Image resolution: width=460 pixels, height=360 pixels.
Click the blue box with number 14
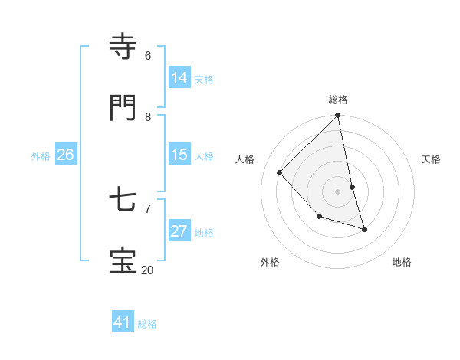pyautogui.click(x=179, y=78)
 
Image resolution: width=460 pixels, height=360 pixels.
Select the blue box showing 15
pyautogui.click(x=179, y=155)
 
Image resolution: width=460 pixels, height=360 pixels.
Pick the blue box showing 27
pyautogui.click(x=179, y=231)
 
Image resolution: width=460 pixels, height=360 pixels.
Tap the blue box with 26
pyautogui.click(x=65, y=155)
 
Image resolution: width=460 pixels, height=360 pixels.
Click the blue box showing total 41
pyautogui.click(x=123, y=322)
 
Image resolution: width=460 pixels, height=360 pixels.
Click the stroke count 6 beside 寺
pyautogui.click(x=148, y=55)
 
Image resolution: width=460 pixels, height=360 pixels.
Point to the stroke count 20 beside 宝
pyautogui.click(x=147, y=270)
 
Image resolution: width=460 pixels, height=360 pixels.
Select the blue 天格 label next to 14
pyautogui.click(x=204, y=80)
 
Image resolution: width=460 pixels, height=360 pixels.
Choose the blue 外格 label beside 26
pyautogui.click(x=41, y=156)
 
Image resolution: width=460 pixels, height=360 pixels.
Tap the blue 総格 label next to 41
pyautogui.click(x=147, y=324)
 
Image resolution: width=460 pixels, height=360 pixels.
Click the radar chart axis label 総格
pyautogui.click(x=338, y=100)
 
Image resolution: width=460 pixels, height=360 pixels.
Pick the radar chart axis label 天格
pyautogui.click(x=431, y=159)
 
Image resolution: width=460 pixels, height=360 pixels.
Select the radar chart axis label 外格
pyautogui.click(x=270, y=262)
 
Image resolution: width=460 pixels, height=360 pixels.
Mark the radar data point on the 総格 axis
pyautogui.click(x=338, y=116)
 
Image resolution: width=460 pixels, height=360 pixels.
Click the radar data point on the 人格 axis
pyautogui.click(x=280, y=172)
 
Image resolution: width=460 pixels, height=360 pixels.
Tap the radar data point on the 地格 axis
pyautogui.click(x=364, y=229)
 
